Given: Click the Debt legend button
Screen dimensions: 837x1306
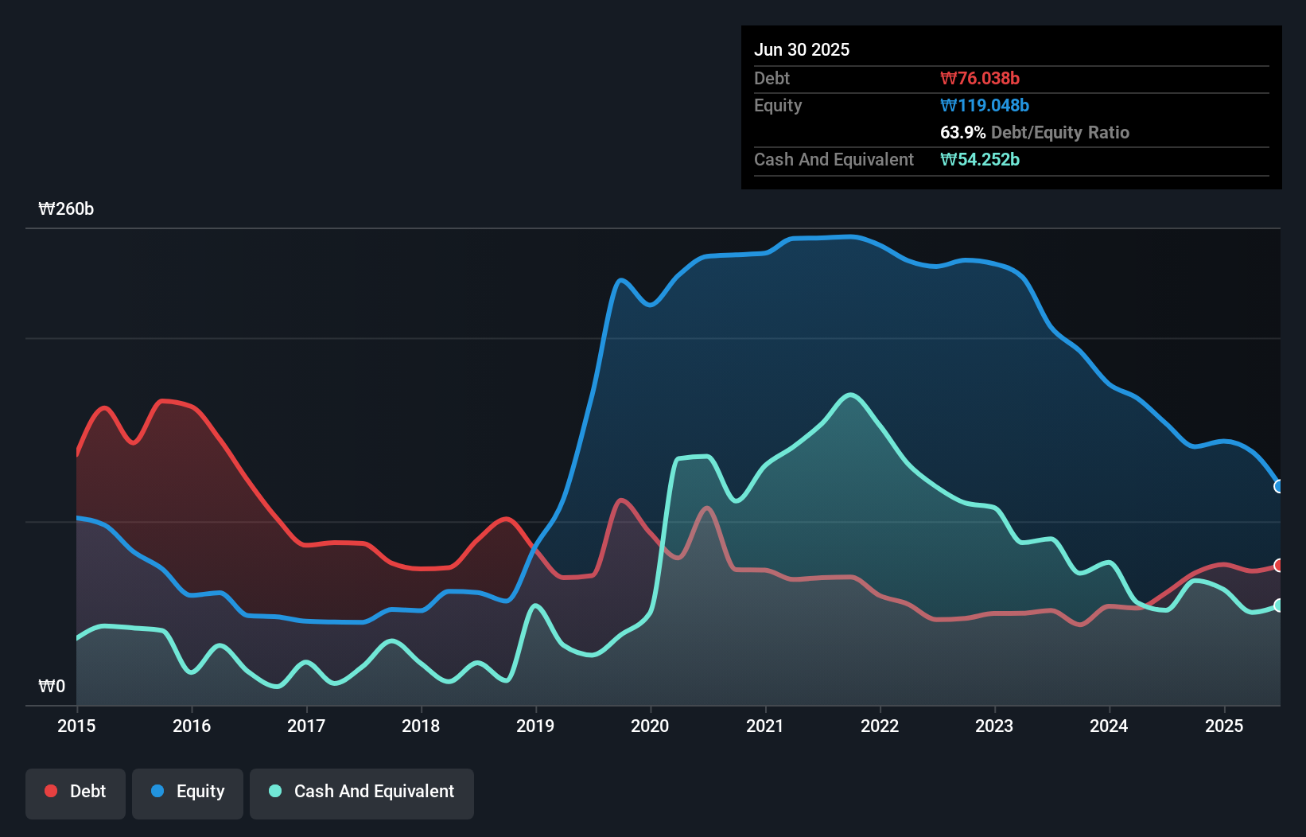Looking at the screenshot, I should coord(76,792).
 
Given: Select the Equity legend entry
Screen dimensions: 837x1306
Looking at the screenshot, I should coord(188,792).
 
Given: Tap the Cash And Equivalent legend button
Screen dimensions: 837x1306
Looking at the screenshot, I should coord(362,792).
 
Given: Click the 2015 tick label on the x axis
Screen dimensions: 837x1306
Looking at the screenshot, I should coord(76,726).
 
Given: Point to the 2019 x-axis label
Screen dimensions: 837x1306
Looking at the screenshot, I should coord(535,726).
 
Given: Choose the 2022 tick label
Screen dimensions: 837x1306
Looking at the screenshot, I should coord(880,726).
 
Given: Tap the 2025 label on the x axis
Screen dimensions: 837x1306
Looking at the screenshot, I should coord(1224,726).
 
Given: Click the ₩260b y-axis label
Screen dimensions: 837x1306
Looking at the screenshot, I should coord(66,209).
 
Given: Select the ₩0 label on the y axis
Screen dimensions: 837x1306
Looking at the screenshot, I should coord(52,686).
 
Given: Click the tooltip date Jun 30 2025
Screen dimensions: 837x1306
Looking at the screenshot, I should coord(802,49).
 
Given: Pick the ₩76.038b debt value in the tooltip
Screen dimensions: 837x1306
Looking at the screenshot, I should coord(980,78).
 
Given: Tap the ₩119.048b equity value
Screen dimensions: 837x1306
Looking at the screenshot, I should coord(985,105).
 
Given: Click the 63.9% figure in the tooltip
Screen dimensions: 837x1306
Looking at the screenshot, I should coord(962,132).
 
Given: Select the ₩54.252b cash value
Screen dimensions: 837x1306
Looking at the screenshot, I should coord(980,159).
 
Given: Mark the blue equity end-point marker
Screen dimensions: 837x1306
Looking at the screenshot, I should coord(1279,486).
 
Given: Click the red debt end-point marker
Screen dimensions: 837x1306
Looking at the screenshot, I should coord(1279,565).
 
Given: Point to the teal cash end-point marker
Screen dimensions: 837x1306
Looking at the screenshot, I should coord(1279,605).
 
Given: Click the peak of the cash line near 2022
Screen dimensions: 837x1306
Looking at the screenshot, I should coord(851,395).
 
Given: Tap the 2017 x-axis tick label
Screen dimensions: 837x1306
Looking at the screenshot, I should coord(306,726).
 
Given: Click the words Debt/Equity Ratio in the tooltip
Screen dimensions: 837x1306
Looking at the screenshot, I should coord(1060,132).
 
